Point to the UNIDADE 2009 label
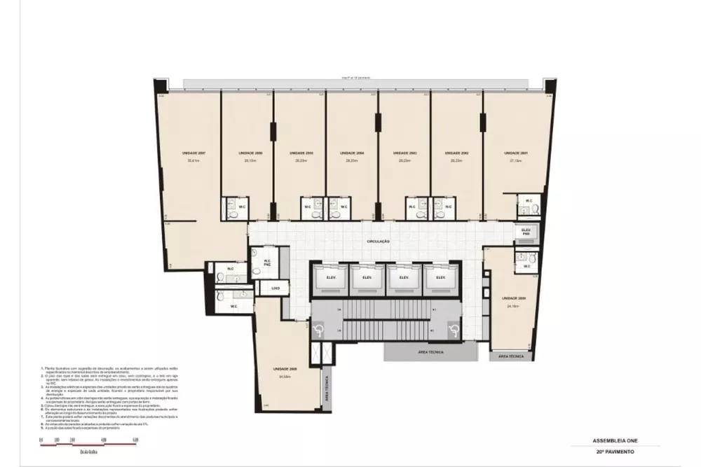point(513,298)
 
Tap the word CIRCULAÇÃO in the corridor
point(378,241)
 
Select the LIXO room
point(275,288)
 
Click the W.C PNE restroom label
point(267,263)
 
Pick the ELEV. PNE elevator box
point(526,232)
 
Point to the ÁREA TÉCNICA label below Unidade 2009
point(511,357)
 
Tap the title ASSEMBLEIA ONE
point(615,442)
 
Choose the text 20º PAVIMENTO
point(615,454)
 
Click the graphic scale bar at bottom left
point(88,440)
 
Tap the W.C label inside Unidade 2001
point(529,202)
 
